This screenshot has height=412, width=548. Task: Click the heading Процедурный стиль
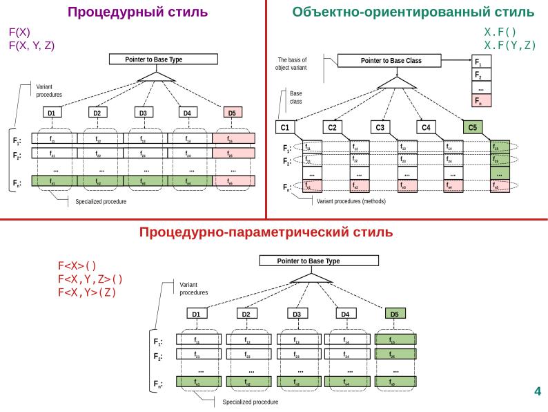click(x=137, y=12)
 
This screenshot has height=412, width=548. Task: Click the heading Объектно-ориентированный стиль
click(x=413, y=12)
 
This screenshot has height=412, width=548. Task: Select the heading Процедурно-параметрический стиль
click(x=266, y=232)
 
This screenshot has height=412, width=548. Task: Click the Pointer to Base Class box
click(x=391, y=61)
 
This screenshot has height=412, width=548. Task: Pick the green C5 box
click(x=473, y=127)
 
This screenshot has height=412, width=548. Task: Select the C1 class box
click(x=285, y=127)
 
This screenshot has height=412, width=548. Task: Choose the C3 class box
click(x=380, y=127)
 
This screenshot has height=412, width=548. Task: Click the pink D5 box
click(x=233, y=113)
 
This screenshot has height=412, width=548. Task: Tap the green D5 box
click(x=394, y=314)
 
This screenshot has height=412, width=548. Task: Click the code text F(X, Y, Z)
click(x=32, y=46)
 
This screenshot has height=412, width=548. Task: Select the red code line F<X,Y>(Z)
click(x=88, y=291)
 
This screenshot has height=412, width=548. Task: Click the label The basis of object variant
click(x=291, y=64)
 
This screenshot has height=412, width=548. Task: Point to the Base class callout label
click(x=295, y=97)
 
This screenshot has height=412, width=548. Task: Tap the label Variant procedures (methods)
click(x=351, y=202)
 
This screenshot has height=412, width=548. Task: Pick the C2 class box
click(x=333, y=127)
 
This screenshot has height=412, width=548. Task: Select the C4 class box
click(x=427, y=127)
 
